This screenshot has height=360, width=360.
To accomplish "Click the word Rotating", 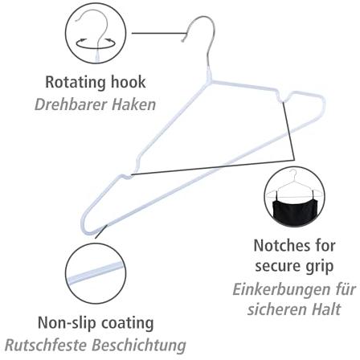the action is (76, 82).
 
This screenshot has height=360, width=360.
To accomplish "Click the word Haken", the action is (133, 104).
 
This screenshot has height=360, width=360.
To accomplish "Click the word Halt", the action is (325, 309).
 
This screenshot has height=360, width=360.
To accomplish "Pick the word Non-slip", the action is (67, 323).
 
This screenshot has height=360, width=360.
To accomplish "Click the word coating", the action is (127, 324).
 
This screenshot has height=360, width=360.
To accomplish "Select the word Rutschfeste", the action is (47, 346).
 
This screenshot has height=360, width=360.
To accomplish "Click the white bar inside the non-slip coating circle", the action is (96, 273).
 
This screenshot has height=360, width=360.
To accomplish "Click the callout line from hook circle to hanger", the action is (158, 34).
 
